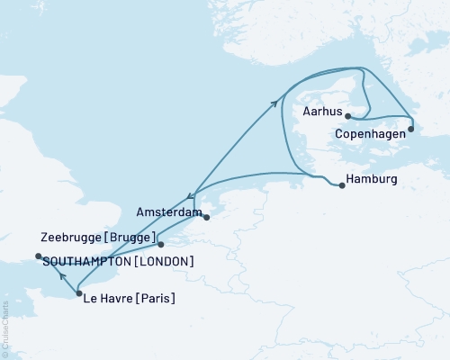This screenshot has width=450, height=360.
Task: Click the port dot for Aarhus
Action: tap(347, 116)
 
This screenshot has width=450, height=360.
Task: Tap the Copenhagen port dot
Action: tap(411, 129)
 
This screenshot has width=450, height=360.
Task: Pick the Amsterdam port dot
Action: tap(206, 217)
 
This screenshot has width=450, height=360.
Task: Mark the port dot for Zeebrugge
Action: tap(160, 244)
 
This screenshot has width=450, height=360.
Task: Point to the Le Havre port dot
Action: tap(79, 293)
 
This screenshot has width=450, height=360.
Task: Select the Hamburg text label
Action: tap(374, 180)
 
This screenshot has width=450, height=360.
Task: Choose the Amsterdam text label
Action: tap(168, 211)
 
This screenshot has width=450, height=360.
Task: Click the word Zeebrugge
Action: tap(72, 237)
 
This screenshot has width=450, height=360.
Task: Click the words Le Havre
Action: tap(107, 298)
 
